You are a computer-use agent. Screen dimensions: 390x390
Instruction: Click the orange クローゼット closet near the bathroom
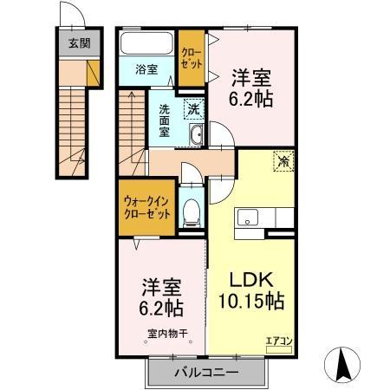(192, 58)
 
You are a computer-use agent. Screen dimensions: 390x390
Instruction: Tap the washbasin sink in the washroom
(195, 135)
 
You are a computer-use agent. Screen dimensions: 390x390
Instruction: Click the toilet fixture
(192, 211)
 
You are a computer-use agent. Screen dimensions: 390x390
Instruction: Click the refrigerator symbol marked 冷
(284, 160)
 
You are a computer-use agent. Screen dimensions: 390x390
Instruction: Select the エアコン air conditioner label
(278, 341)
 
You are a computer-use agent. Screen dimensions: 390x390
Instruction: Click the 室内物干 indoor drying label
(163, 332)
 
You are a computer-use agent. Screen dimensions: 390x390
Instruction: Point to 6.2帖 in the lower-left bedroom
(162, 308)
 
